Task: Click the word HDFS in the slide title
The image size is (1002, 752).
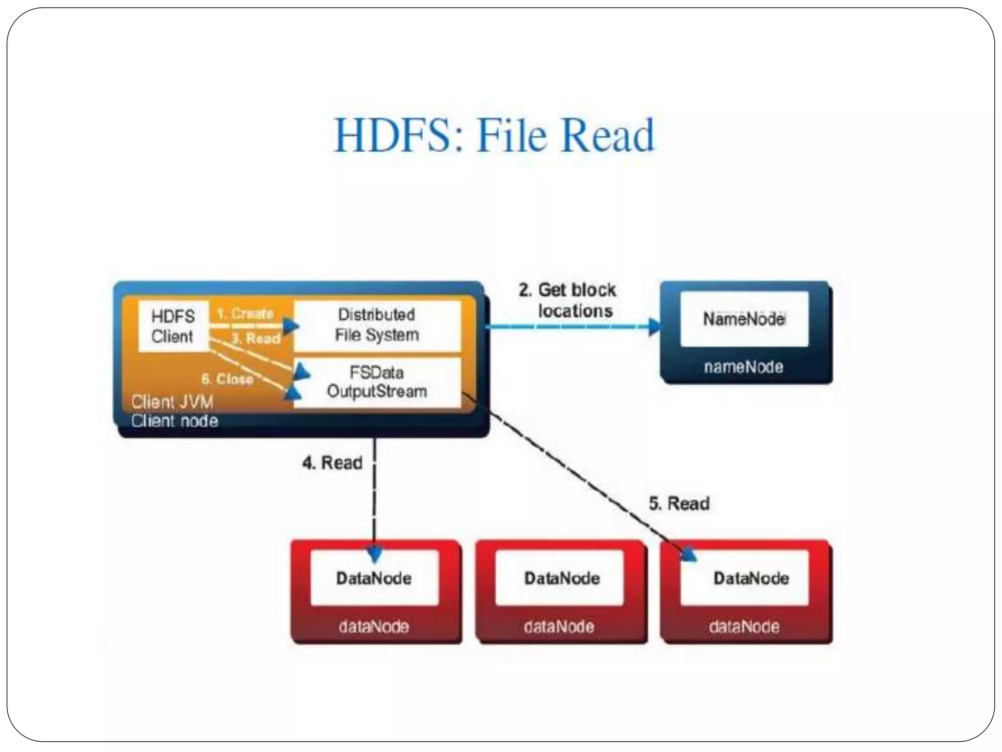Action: (x=391, y=136)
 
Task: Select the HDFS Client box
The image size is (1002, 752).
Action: (x=173, y=327)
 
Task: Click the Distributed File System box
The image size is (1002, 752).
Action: (x=377, y=325)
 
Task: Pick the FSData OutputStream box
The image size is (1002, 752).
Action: (x=377, y=383)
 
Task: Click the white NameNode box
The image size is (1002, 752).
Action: (x=744, y=319)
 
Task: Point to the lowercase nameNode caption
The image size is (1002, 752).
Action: (x=744, y=367)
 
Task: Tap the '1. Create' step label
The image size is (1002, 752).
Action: (x=245, y=313)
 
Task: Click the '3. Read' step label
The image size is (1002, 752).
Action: (x=256, y=338)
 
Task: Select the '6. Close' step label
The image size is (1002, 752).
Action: (x=228, y=379)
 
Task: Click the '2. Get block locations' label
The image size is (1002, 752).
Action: (x=568, y=301)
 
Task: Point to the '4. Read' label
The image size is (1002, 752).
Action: (x=333, y=463)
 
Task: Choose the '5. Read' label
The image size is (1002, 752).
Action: (x=679, y=503)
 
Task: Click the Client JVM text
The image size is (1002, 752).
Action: (x=172, y=402)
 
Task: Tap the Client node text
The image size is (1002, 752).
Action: (x=175, y=421)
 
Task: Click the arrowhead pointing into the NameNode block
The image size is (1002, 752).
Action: (x=654, y=326)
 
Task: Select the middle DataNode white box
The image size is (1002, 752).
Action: (x=562, y=578)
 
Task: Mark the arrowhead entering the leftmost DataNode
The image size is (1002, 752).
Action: (x=374, y=554)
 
